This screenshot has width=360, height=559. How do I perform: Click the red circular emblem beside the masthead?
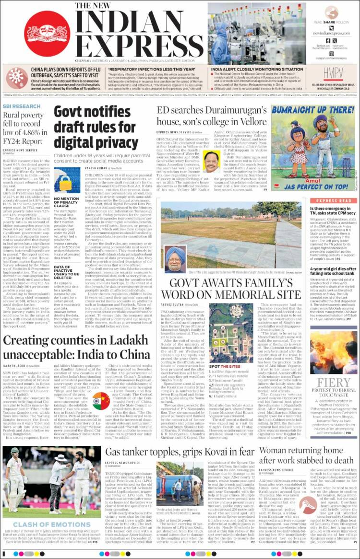[x=47, y=34]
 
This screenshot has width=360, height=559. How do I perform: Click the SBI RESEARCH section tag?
[x=22, y=106]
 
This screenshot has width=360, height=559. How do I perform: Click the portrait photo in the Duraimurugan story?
[x=212, y=162]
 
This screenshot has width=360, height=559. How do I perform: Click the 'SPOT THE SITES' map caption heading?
[x=221, y=366]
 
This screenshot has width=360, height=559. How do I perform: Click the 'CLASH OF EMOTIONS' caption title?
[x=36, y=525]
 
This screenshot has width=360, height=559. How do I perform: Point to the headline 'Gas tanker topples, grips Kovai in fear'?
[x=180, y=452]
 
